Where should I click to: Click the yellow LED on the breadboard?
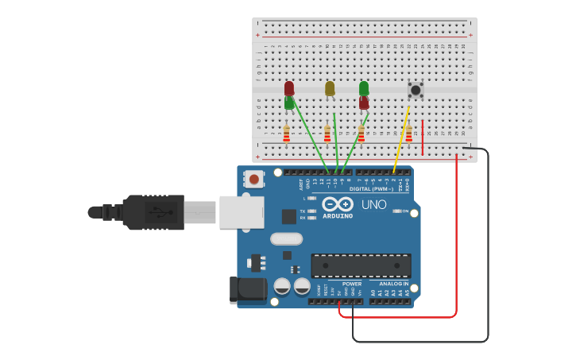[330, 88]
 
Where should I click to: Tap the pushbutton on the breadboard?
[415, 90]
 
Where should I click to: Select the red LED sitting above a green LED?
[289, 87]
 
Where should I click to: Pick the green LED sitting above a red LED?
[364, 87]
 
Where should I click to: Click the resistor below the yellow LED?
[327, 134]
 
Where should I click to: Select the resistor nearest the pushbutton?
[409, 134]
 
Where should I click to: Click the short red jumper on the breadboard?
[423, 137]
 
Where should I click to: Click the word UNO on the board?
[373, 204]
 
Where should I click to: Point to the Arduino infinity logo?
[338, 203]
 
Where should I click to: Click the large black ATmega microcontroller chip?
[361, 265]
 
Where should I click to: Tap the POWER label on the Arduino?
[351, 284]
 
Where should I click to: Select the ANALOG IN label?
[393, 284]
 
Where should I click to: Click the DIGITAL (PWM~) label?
[371, 189]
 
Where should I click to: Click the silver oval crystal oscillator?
[286, 238]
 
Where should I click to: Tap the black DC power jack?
[248, 289]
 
